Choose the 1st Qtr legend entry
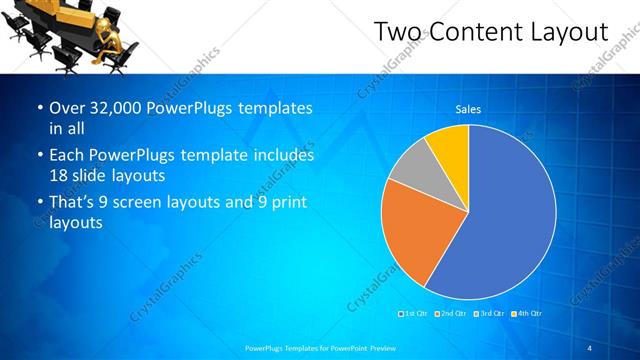[414, 314]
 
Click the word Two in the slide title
[398, 32]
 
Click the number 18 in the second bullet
[59, 176]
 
